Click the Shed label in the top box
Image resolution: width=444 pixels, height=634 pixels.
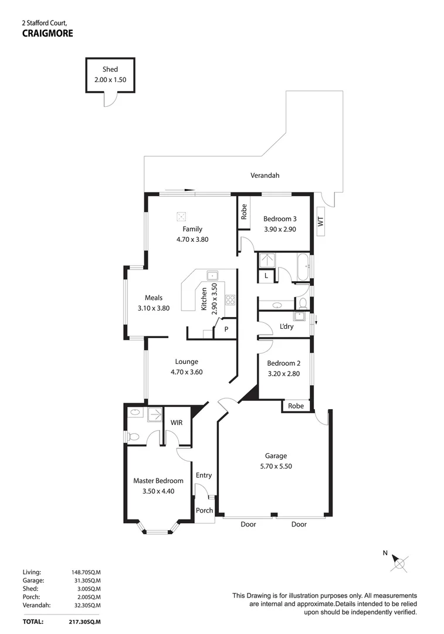[x=110, y=69]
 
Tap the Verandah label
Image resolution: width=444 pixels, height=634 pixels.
[x=265, y=176]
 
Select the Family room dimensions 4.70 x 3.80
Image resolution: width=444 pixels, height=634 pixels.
[x=192, y=240]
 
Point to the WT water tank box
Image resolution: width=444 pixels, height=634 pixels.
[x=320, y=221]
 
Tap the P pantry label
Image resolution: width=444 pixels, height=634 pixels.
[x=226, y=330]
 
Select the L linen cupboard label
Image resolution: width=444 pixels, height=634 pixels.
[x=266, y=275]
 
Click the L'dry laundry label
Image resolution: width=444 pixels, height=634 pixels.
[x=286, y=326]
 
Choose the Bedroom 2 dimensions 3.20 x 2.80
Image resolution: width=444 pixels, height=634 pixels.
[x=284, y=373]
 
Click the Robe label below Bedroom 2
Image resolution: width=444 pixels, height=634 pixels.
[x=296, y=406]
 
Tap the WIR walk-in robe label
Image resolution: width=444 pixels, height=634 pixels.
[x=177, y=423]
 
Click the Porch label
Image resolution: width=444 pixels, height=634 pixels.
[x=204, y=510]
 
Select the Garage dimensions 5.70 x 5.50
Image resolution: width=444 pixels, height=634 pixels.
[x=276, y=466]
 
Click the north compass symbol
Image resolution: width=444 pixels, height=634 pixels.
[x=401, y=562]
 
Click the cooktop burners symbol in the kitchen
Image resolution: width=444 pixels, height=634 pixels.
[x=231, y=300]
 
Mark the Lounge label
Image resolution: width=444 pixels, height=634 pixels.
[x=187, y=362]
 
